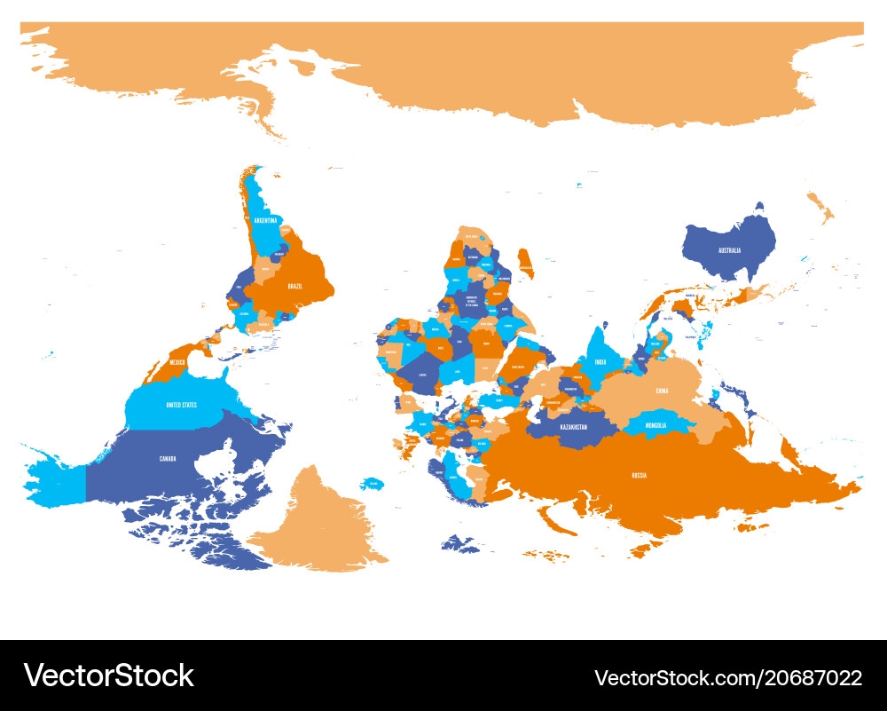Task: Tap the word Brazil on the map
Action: point(295,287)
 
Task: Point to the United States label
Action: point(182,405)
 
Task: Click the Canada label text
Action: point(168,458)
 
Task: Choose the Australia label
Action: point(729,250)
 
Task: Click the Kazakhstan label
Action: point(573,427)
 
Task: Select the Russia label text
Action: point(639,476)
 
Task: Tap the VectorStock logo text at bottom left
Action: point(109,675)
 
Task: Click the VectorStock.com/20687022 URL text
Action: point(727,678)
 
